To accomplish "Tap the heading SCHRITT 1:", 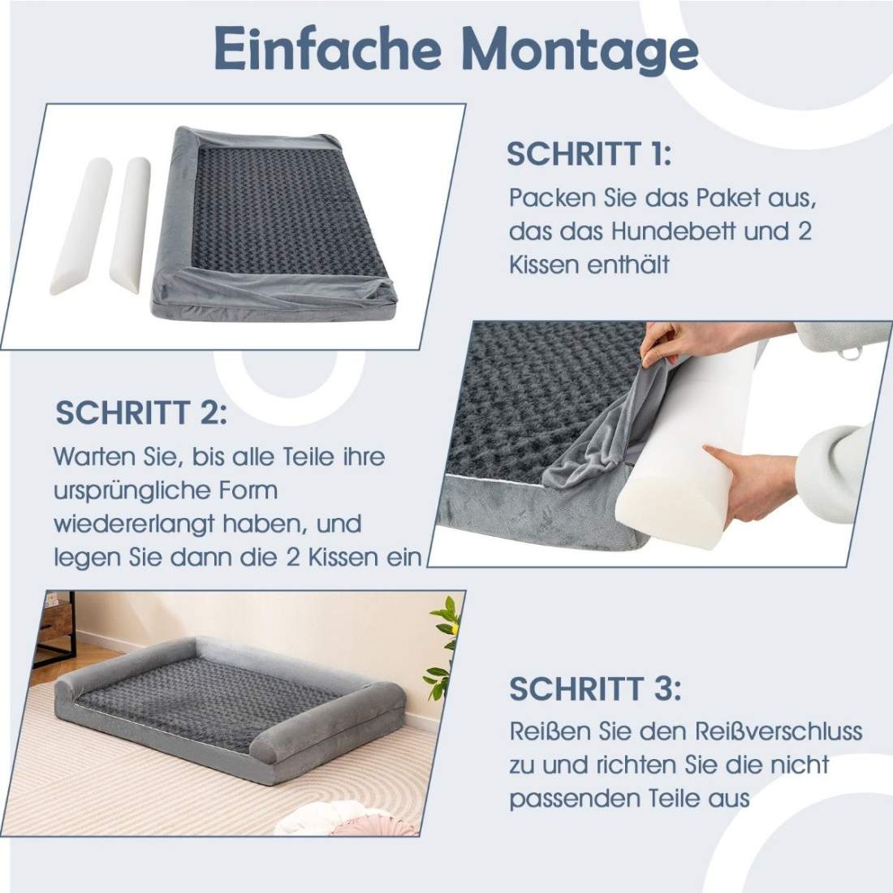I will [x=589, y=154].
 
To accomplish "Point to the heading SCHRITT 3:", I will [x=595, y=688].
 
